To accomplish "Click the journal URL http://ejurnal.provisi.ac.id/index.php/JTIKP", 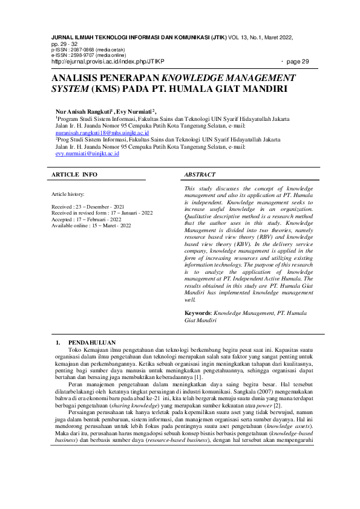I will coord(108,61).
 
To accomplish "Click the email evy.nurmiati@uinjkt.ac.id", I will coord(87,154).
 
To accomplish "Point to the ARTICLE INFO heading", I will coord(74,175).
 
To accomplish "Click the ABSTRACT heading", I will coord(200,175).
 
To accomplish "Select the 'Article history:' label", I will coord(68,194).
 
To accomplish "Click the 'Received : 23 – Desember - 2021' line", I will coord(91,207).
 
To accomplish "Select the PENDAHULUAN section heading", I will coord(92,343).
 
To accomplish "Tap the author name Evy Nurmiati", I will coord(134,112).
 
